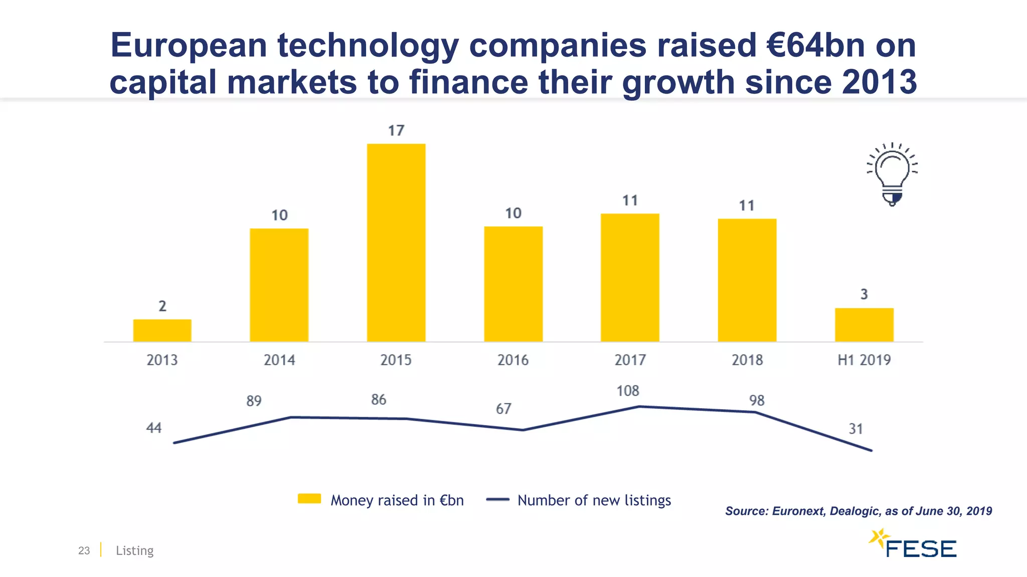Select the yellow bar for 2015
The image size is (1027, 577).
(396, 243)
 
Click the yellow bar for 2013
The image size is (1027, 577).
(162, 331)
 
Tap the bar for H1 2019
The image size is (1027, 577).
(864, 325)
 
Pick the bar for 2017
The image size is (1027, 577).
(630, 278)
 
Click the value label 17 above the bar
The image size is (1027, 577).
(396, 131)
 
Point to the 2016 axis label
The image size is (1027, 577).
(513, 360)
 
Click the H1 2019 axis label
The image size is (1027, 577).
(864, 360)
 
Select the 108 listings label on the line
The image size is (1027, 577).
(628, 391)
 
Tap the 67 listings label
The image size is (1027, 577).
(503, 409)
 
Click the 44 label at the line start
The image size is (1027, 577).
(153, 428)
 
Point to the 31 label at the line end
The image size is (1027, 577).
(855, 429)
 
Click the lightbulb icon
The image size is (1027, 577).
(892, 174)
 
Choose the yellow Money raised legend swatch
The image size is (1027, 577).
(309, 499)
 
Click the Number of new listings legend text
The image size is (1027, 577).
(594, 500)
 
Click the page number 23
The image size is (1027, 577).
(84, 550)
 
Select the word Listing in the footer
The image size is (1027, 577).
(134, 550)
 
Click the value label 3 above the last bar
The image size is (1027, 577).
(864, 295)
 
